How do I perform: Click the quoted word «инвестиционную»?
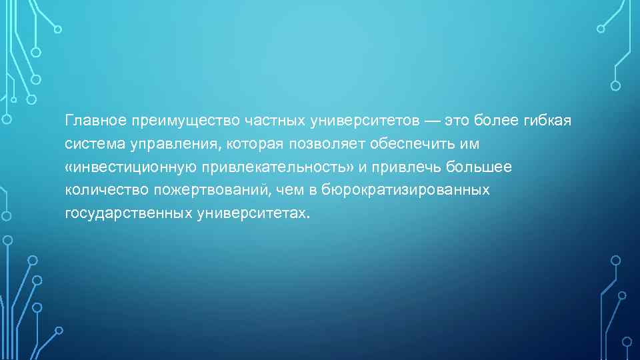133,167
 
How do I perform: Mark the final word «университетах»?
253,213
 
